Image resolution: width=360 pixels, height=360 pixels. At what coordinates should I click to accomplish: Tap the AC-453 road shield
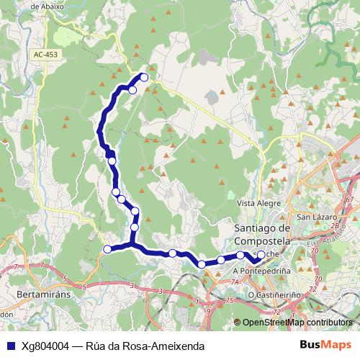[x=45, y=54]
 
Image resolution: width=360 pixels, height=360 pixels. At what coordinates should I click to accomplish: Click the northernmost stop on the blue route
[x=144, y=77]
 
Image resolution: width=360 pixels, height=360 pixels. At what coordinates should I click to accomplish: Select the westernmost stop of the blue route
[x=107, y=249]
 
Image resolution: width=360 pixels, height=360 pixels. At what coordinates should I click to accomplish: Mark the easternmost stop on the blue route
[x=261, y=254]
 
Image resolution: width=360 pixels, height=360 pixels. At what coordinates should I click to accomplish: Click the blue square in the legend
[x=10, y=346]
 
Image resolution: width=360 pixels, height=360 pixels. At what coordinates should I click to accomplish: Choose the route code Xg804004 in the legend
[x=45, y=346]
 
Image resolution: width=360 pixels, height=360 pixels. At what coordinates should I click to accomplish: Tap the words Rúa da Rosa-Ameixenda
[x=143, y=346]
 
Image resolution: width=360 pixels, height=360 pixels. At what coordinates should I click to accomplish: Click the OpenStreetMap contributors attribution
[x=297, y=323]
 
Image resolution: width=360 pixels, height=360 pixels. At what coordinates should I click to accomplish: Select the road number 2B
[x=333, y=225]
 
